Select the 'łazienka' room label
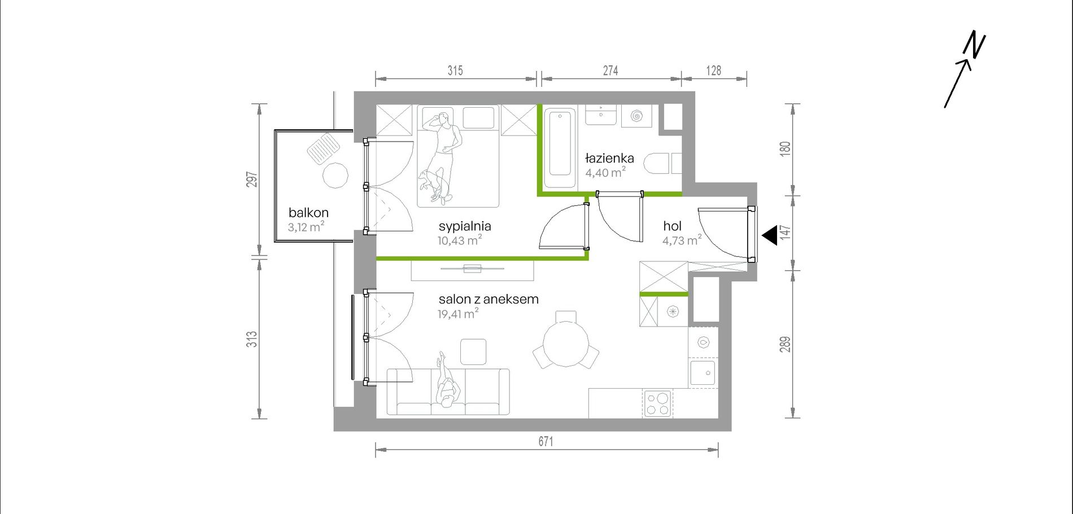pos(609,159)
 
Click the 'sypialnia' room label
pos(465,226)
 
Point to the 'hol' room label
pos(672,226)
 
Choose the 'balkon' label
pos(308,213)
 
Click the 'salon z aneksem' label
pos(488,299)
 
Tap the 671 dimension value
pos(546,441)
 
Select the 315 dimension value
pos(455,71)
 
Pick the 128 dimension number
pos(714,71)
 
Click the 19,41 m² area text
pos(458,314)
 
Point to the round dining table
pos(565,344)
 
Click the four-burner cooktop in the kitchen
pos(657,403)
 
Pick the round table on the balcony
pos(335,175)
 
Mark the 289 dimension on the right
pos(785,344)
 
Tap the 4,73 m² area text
pos(682,240)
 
